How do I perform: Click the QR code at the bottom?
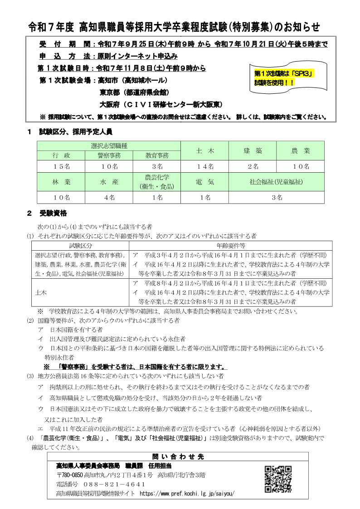278,480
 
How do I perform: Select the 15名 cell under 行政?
61,166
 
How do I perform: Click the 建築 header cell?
253,150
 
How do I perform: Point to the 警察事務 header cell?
109,155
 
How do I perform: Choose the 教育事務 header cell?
157,155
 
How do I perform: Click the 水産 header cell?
109,182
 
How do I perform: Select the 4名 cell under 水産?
109,198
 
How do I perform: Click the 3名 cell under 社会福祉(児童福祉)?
277,198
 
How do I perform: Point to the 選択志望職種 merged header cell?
109,145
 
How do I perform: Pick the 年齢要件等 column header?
231,245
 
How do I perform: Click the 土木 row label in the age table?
41,293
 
